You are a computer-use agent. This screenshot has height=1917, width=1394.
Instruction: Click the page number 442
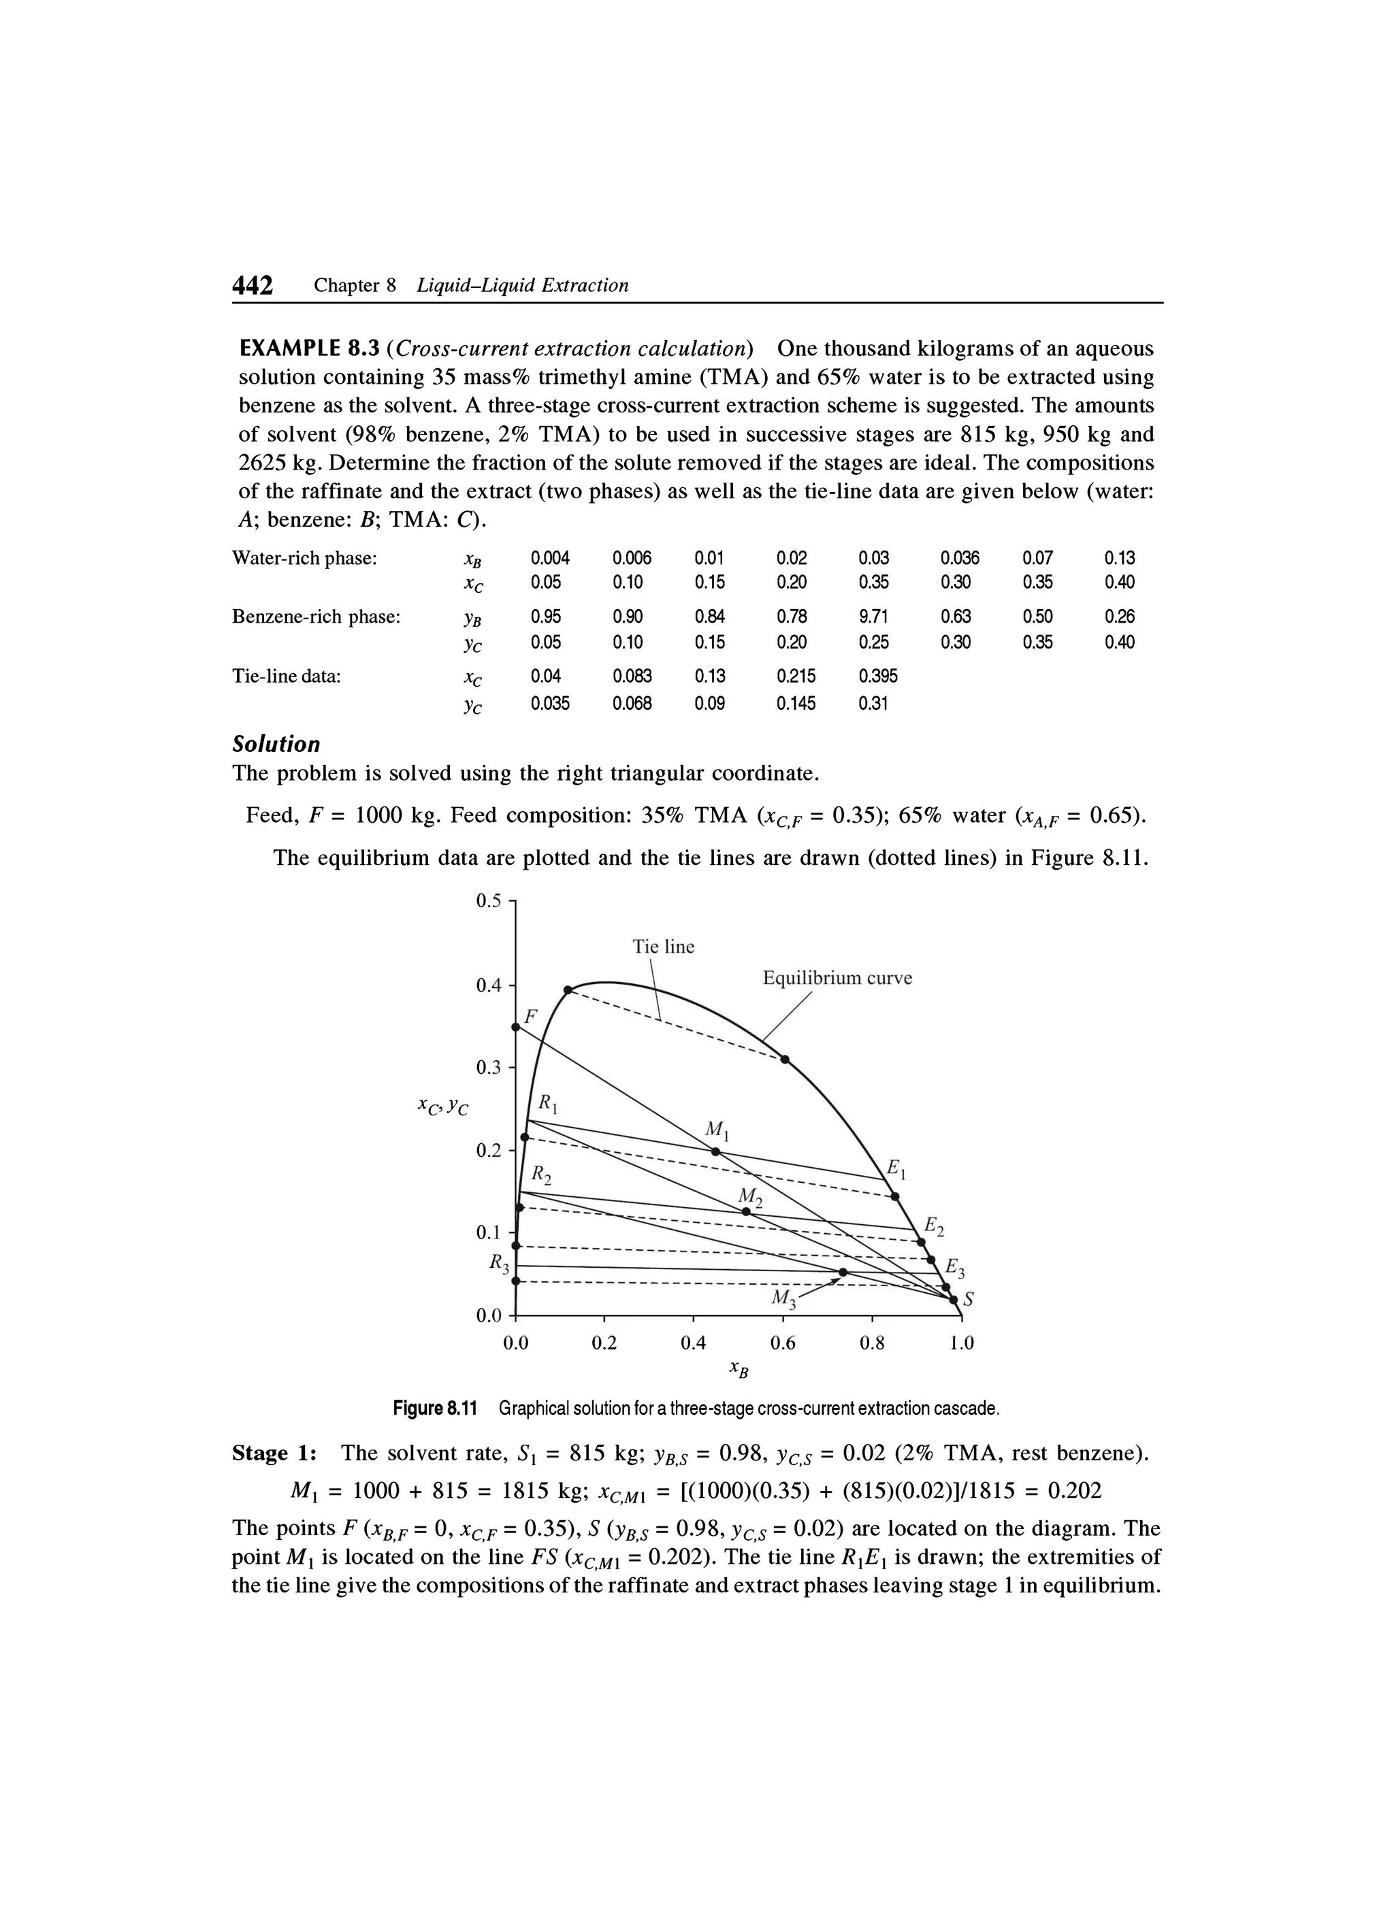tap(253, 286)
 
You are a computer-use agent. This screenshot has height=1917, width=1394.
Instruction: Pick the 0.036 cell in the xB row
tap(960, 558)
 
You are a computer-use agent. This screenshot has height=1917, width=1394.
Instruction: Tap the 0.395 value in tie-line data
tap(877, 676)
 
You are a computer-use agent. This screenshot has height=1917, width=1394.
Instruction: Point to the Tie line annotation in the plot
tap(664, 947)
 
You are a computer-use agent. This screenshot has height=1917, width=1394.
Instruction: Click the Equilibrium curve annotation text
tap(837, 978)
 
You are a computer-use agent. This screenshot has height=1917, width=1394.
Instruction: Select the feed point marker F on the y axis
tap(516, 1027)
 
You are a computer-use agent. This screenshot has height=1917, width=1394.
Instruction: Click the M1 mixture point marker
tap(715, 1151)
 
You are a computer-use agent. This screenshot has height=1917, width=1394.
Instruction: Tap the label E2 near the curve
tap(933, 1225)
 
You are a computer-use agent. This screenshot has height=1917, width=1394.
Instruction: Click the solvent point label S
tap(969, 1302)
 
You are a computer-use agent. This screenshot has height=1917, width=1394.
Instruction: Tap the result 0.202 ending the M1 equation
tap(1075, 1490)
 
